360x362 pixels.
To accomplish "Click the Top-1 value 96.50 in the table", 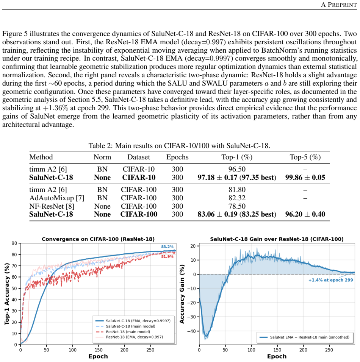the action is (x=237, y=169).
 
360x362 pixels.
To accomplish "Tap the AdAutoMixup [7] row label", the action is (x=57, y=198).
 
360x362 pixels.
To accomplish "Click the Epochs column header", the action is (x=177, y=157).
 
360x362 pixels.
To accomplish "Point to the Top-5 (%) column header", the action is (x=305, y=157).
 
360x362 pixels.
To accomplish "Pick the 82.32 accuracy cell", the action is (x=237, y=198).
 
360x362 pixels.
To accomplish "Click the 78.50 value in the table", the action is (x=237, y=206).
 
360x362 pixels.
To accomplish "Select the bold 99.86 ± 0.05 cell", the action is (x=305, y=177).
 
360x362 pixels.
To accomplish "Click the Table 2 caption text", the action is (x=179, y=146).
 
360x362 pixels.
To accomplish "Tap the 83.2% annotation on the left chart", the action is (x=167, y=247).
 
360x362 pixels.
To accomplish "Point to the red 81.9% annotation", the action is (x=167, y=256).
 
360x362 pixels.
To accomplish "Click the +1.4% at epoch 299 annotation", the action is (x=331, y=280).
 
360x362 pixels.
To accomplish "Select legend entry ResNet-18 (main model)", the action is (x=128, y=332).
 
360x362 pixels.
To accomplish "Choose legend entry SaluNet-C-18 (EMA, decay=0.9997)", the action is (x=138, y=321).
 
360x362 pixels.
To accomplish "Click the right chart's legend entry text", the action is (x=310, y=337).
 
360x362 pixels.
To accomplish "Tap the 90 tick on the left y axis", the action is (x=14, y=243).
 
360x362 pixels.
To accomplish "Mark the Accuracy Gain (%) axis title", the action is (x=182, y=294).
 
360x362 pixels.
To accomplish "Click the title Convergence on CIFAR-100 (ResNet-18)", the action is (x=98, y=239).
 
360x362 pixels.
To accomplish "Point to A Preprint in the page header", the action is (x=339, y=5).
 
